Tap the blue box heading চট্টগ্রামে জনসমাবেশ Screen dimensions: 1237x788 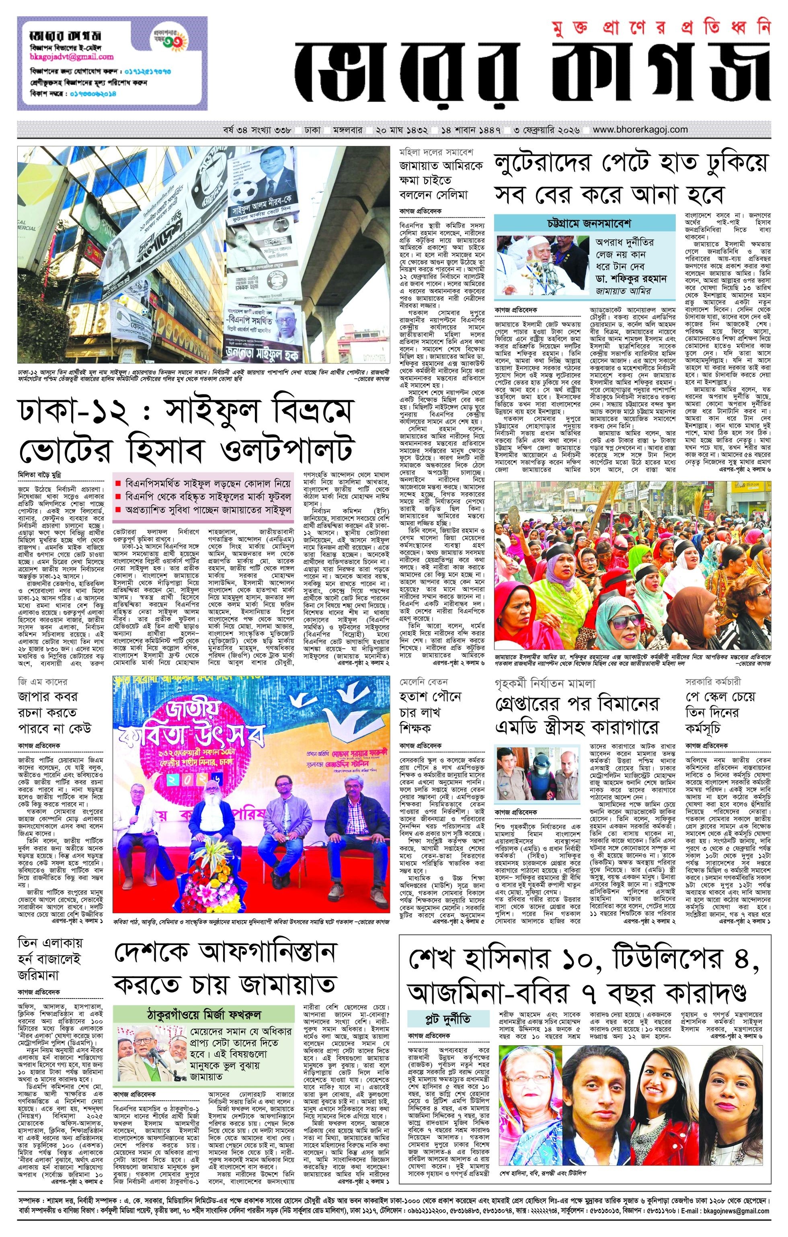tap(585, 224)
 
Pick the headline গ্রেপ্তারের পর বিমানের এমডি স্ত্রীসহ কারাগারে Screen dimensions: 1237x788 tap(577, 715)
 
